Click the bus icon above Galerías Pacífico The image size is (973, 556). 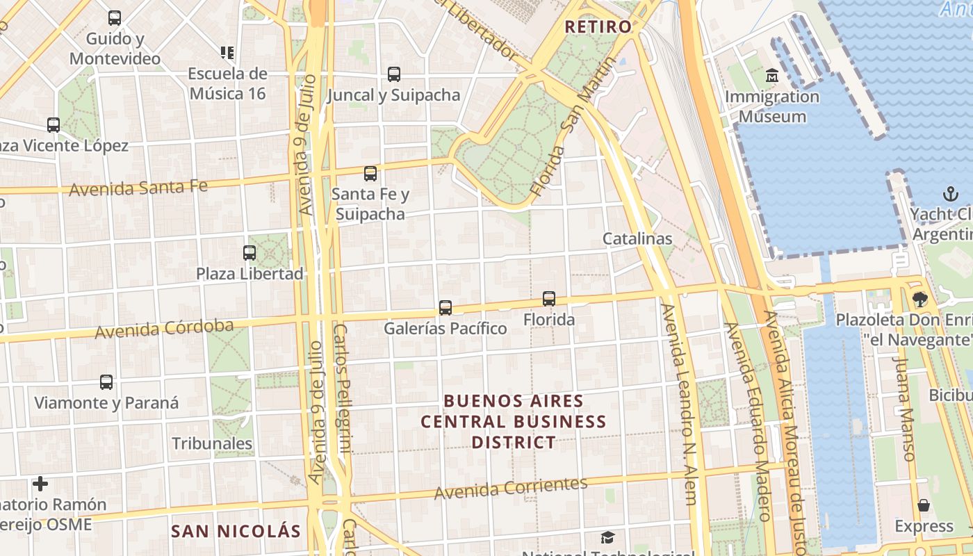click(x=445, y=307)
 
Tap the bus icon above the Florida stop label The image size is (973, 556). click(x=549, y=299)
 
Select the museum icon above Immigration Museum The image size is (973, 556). click(x=772, y=75)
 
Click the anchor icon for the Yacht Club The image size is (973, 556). click(x=950, y=193)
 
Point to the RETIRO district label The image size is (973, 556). click(x=598, y=27)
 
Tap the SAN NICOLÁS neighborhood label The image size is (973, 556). click(x=236, y=532)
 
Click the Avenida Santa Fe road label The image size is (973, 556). click(x=138, y=188)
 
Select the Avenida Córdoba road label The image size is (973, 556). click(x=164, y=329)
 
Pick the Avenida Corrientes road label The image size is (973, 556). click(x=511, y=488)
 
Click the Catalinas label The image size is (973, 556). click(x=637, y=238)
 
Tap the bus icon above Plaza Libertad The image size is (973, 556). click(x=250, y=253)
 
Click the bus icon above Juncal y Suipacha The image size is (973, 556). click(x=394, y=74)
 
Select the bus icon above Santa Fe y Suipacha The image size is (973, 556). click(x=370, y=174)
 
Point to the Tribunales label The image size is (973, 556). click(x=212, y=443)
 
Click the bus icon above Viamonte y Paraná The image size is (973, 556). click(x=106, y=382)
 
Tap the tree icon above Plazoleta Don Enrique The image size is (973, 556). click(x=921, y=300)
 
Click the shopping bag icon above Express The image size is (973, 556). click(x=924, y=505)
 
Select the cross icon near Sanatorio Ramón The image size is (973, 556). click(x=40, y=484)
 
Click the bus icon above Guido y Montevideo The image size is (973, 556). click(x=115, y=18)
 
